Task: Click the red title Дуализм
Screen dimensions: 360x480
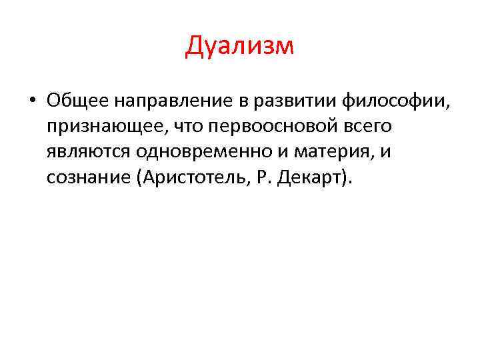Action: click(x=239, y=46)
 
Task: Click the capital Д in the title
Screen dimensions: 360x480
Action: click(x=195, y=47)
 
